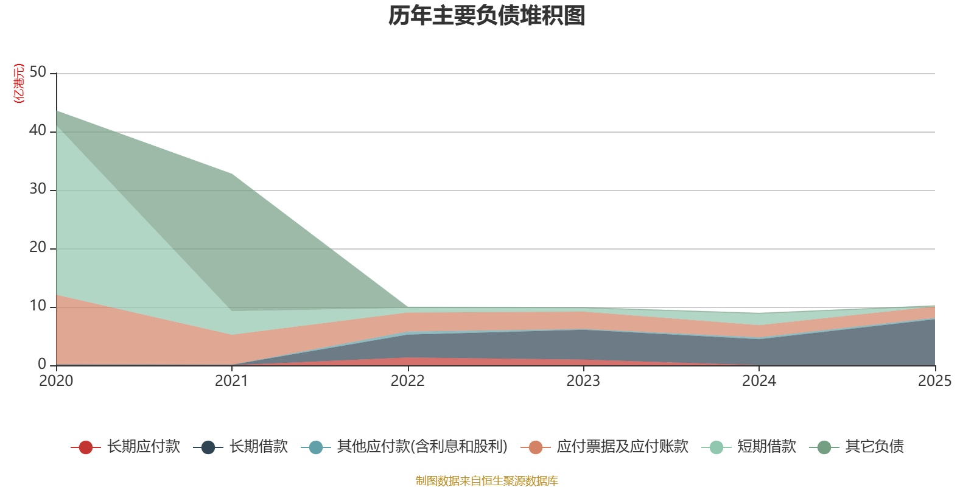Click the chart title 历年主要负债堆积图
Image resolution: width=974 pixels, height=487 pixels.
tap(487, 16)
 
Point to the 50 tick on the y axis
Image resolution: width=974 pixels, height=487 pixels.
tap(38, 72)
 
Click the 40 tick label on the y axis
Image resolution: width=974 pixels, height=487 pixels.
tap(38, 131)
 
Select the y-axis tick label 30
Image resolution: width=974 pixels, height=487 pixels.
tap(38, 189)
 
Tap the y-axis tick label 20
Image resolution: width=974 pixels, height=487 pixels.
tap(38, 248)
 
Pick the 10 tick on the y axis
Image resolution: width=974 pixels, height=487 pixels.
tap(38, 306)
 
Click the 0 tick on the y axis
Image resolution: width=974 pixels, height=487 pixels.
tap(42, 365)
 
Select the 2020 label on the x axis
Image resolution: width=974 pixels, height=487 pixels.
tap(56, 381)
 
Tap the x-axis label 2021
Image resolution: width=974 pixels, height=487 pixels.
tap(232, 381)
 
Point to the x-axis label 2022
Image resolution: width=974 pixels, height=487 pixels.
tap(407, 381)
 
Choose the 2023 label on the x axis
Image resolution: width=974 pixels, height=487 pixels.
tap(583, 381)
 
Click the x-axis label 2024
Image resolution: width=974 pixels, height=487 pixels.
tap(759, 381)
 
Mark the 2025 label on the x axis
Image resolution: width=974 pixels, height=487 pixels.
tap(934, 381)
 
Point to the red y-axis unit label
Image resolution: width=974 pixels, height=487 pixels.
tap(19, 83)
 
